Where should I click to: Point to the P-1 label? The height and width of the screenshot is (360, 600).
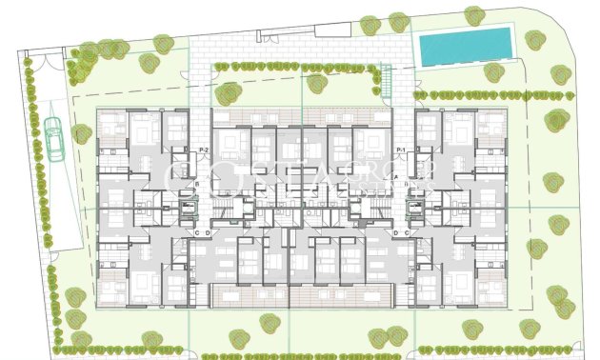pyautogui.click(x=399, y=150)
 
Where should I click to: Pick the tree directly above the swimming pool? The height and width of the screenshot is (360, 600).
pyautogui.click(x=471, y=15)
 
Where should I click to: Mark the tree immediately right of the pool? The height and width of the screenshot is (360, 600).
pyautogui.click(x=532, y=38)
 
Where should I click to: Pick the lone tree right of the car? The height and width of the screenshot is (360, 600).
pyautogui.click(x=80, y=136)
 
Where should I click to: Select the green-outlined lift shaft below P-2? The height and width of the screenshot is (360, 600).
pyautogui.click(x=190, y=209)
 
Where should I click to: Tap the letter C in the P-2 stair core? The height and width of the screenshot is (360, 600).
pyautogui.click(x=196, y=232)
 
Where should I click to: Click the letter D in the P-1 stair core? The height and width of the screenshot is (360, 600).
pyautogui.click(x=394, y=232)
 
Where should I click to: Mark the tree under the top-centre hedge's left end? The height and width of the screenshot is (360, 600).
pyautogui.click(x=229, y=93)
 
